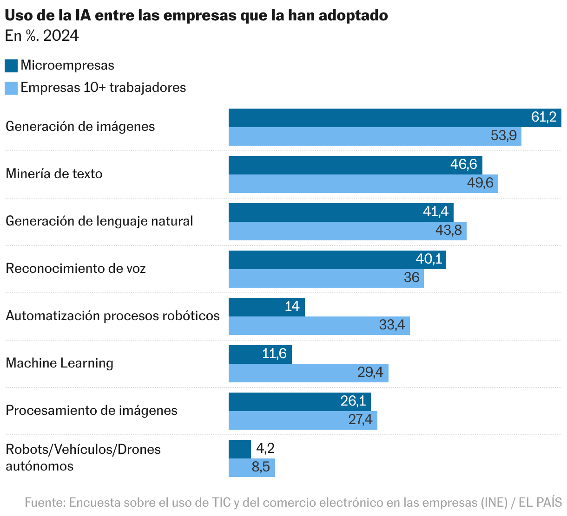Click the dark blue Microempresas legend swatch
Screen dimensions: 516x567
click(x=11, y=65)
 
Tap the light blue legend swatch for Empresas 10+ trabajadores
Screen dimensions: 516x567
click(x=11, y=88)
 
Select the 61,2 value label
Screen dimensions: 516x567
click(x=544, y=117)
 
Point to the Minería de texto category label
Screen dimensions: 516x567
click(x=54, y=174)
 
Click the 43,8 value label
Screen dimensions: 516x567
click(x=448, y=231)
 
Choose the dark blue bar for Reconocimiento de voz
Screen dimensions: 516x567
click(x=321, y=260)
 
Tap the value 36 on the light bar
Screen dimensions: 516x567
click(x=412, y=278)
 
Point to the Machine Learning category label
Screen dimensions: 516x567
click(x=59, y=363)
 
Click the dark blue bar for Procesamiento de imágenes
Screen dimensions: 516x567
click(x=283, y=402)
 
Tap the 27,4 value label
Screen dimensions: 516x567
click(x=361, y=420)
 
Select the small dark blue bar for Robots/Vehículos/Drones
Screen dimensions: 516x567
click(x=240, y=449)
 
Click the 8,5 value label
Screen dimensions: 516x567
click(x=261, y=467)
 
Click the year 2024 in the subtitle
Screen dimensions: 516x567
click(x=61, y=36)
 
